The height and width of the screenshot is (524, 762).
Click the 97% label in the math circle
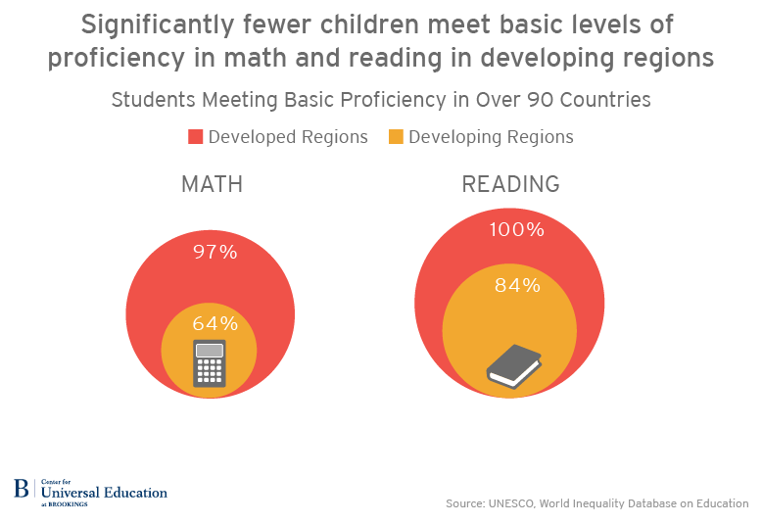click(215, 252)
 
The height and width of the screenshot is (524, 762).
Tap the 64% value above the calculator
click(214, 323)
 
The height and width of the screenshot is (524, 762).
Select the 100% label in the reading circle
click(516, 230)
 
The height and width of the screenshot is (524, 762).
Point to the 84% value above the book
click(517, 286)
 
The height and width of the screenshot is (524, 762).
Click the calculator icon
click(210, 363)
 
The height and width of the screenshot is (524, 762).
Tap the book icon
click(514, 365)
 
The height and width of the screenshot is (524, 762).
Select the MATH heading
click(212, 185)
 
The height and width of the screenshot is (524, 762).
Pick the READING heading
click(510, 185)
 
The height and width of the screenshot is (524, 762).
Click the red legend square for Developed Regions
click(195, 137)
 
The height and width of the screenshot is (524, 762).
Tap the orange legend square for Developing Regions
click(396, 137)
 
